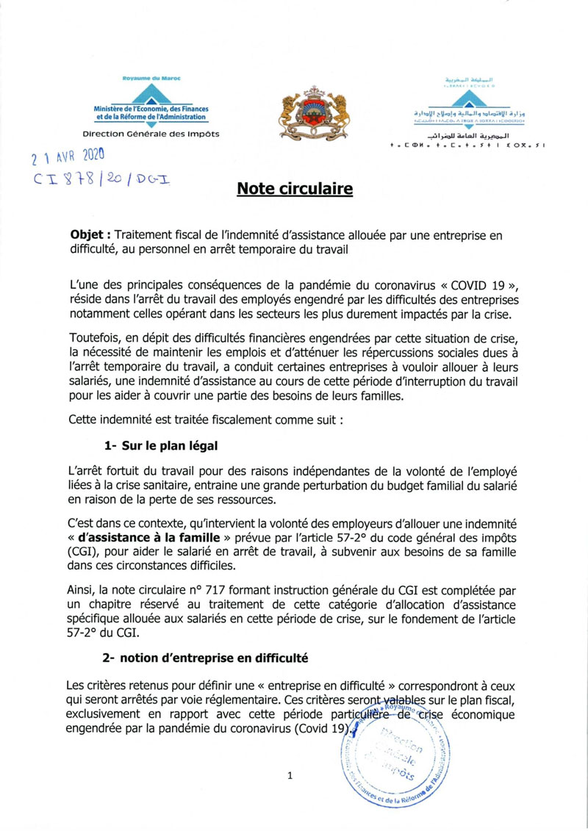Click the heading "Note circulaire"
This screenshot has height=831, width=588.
295,190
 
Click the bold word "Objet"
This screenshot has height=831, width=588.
89,234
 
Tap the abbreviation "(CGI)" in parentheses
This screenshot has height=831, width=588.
83,551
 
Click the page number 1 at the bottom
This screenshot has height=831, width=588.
291,775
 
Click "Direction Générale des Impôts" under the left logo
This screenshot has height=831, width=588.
151,134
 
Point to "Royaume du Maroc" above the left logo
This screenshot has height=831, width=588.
151,77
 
